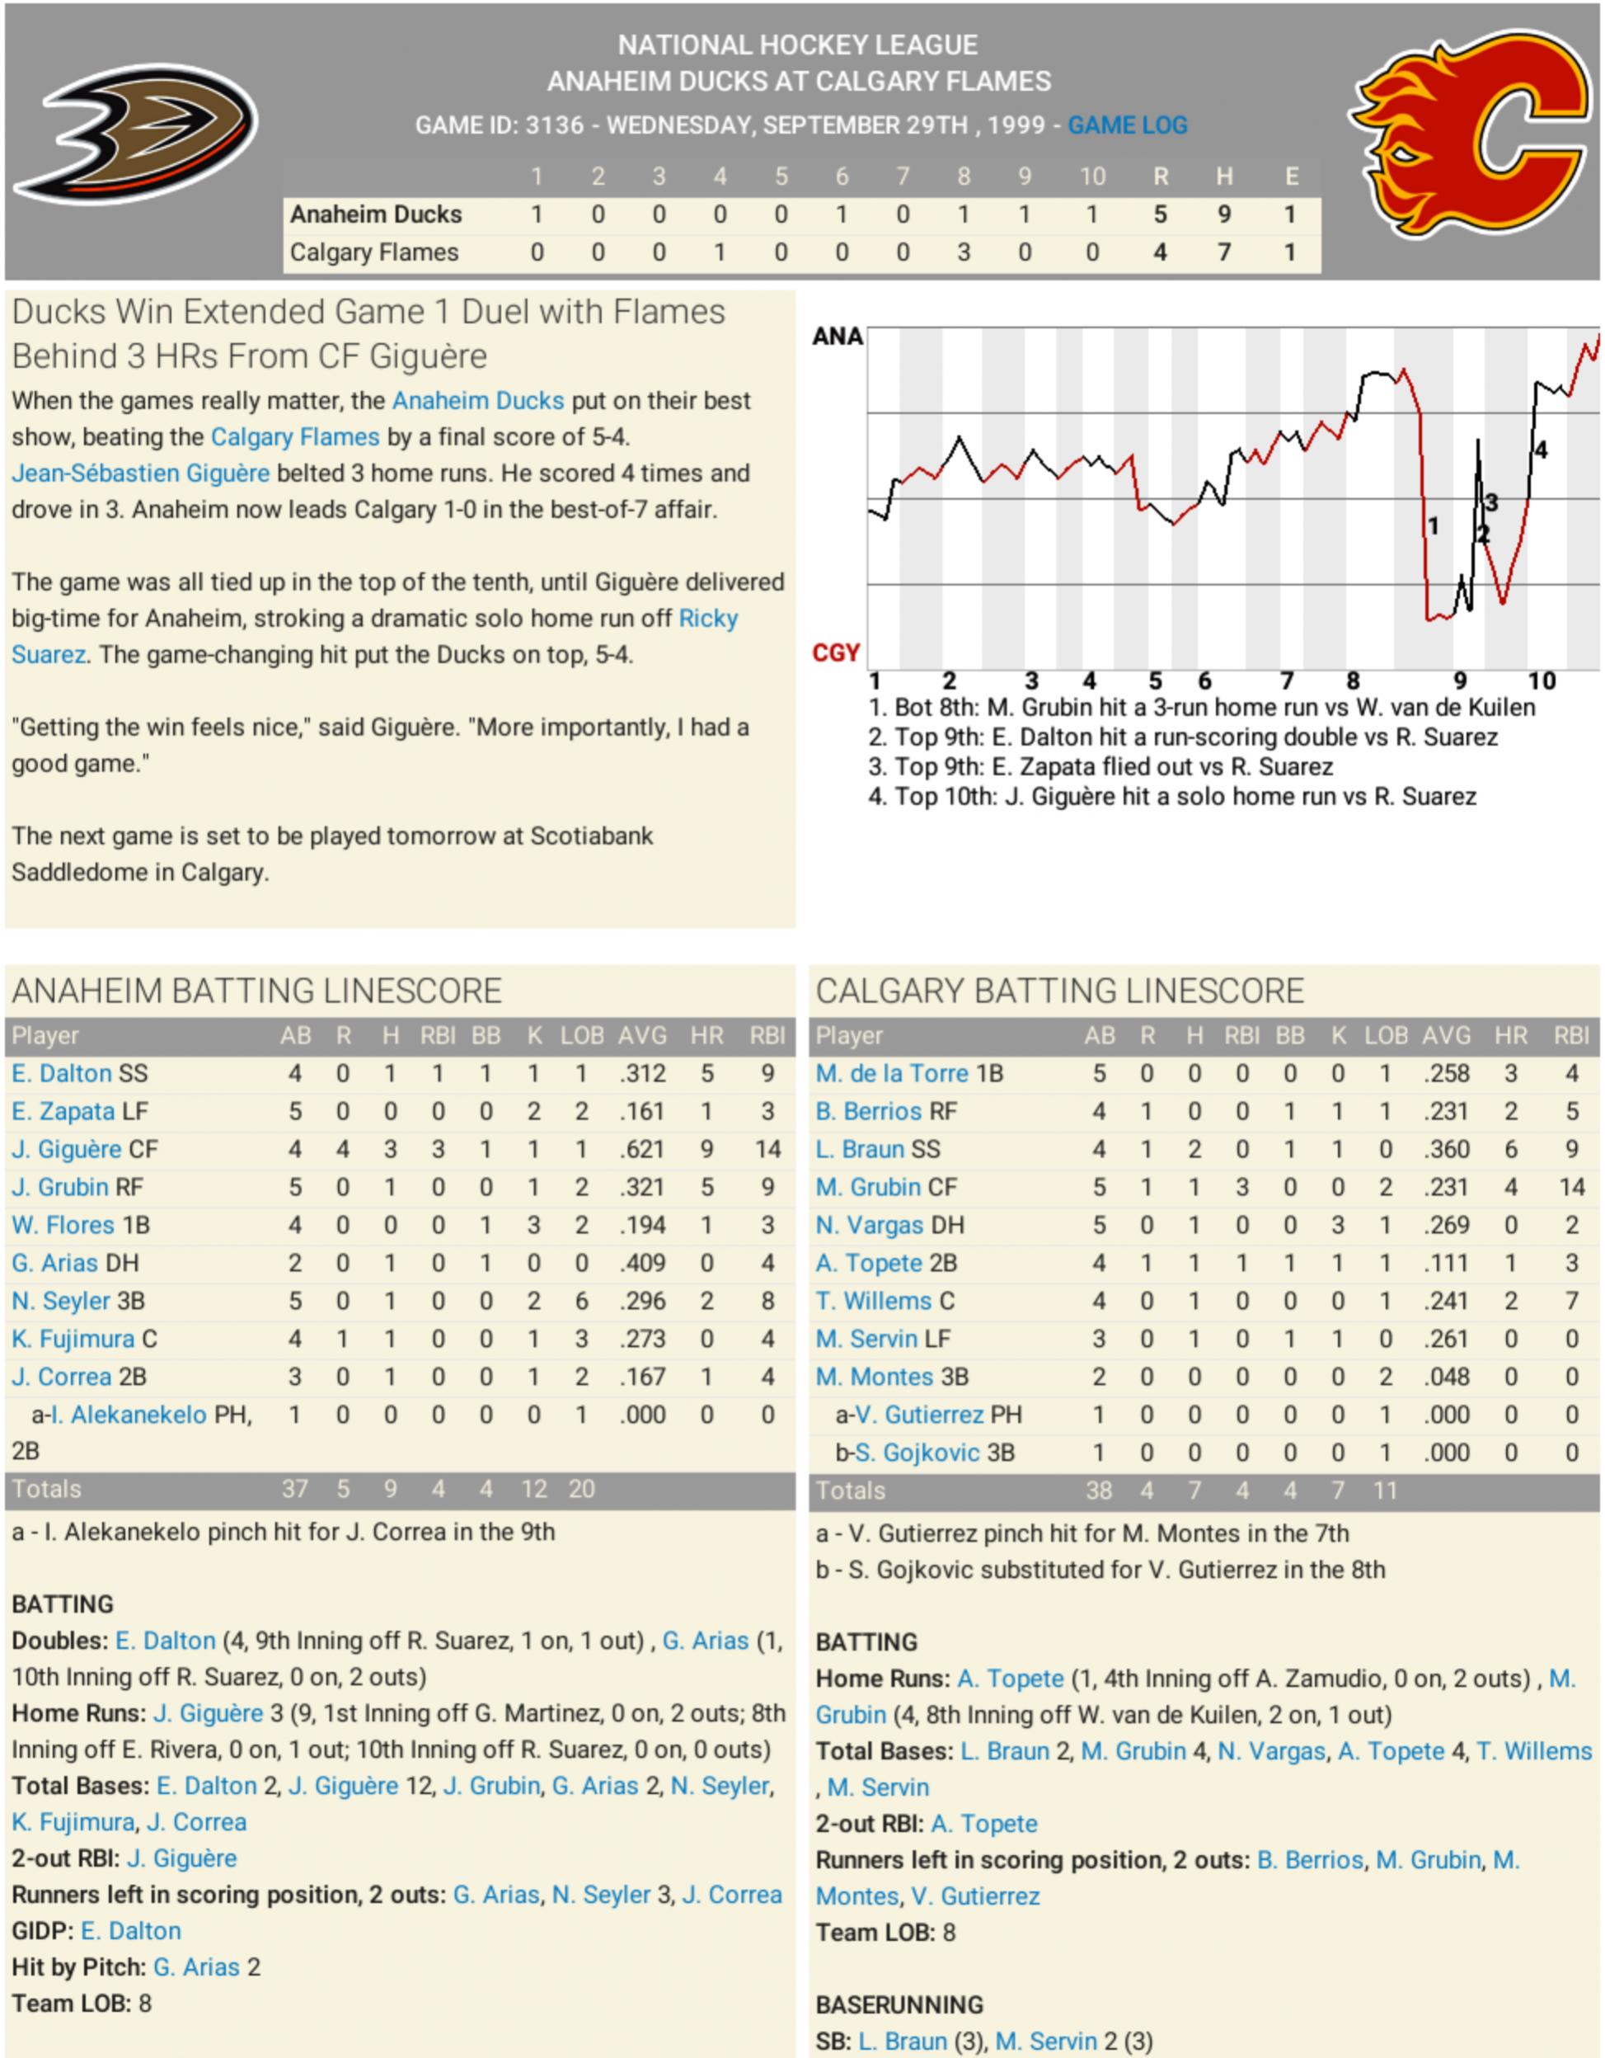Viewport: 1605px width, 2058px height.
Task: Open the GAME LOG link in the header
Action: (1127, 125)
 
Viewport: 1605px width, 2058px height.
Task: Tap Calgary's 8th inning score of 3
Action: (964, 252)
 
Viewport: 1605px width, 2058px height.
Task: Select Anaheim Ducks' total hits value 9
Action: (1223, 214)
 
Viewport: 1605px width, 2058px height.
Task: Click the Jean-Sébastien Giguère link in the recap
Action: (140, 473)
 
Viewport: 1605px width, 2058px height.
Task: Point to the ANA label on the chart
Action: (837, 337)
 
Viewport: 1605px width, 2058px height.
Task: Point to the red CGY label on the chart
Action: (835, 653)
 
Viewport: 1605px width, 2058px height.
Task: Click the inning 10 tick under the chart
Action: (1541, 681)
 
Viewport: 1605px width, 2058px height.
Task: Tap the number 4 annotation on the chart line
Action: (1540, 450)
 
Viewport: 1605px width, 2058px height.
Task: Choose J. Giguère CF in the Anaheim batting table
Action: (85, 1150)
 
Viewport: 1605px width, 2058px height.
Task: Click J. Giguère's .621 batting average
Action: (642, 1150)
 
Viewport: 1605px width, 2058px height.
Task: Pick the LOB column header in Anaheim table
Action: (581, 1035)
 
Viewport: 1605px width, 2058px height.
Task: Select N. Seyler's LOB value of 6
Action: (581, 1302)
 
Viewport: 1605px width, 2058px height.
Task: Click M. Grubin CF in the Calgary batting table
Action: (885, 1187)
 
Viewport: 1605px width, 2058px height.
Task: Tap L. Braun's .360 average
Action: (1446, 1150)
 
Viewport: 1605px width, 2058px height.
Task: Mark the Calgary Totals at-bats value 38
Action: (1098, 1491)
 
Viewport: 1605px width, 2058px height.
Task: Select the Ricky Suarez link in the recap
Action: (708, 619)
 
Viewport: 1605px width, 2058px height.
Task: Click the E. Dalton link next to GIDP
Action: (131, 1931)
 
